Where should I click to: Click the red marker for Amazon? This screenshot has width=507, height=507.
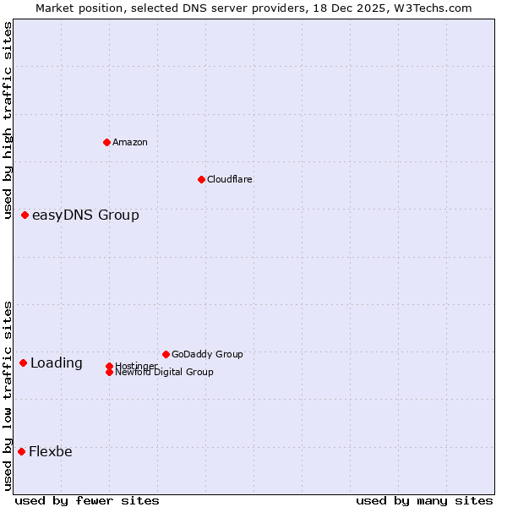click(x=106, y=142)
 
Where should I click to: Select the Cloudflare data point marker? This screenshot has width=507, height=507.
click(x=201, y=179)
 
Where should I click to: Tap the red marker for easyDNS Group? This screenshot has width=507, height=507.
click(x=25, y=215)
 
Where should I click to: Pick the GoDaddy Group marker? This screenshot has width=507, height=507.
click(x=166, y=354)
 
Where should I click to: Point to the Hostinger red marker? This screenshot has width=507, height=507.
click(x=109, y=366)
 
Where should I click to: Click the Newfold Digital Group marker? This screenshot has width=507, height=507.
click(x=109, y=372)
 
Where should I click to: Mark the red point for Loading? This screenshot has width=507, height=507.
click(x=24, y=363)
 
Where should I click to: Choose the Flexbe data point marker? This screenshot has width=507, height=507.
click(x=22, y=451)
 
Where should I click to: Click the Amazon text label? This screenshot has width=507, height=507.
click(x=130, y=142)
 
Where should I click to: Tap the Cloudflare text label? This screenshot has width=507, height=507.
click(x=230, y=179)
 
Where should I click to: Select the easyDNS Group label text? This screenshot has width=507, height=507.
click(x=85, y=215)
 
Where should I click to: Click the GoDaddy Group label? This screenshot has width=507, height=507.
click(x=207, y=354)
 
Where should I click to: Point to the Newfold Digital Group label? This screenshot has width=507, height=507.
click(x=165, y=373)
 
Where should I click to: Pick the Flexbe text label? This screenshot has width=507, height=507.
click(x=51, y=451)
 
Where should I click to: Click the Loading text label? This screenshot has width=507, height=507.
click(x=57, y=363)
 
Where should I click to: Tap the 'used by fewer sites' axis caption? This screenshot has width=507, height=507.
click(x=87, y=501)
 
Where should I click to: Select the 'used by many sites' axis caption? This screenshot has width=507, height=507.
click(x=424, y=501)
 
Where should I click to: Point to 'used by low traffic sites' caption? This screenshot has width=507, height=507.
click(x=8, y=395)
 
